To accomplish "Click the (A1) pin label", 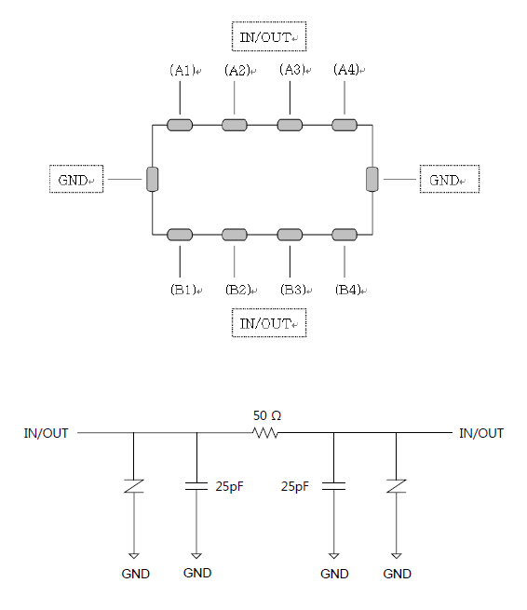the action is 182,70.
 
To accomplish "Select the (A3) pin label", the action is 291,70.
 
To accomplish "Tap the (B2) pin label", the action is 237,290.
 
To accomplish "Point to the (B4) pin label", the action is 348,290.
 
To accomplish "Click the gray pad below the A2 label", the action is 235,125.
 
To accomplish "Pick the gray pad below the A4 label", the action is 345,125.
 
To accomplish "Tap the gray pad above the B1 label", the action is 180,235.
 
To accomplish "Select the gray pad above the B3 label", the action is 290,235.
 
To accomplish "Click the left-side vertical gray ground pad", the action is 153,180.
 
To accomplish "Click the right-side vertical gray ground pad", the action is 372,180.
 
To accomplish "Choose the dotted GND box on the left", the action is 76,179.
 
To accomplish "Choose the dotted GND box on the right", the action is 450,179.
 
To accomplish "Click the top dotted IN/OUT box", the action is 269,36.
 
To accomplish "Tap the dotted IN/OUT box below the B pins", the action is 269,323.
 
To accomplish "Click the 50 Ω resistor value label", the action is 267,416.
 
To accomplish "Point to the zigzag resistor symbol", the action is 265,433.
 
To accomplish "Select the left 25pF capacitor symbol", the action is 196,486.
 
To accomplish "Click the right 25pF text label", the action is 295,486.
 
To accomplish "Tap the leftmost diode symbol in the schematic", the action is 134,486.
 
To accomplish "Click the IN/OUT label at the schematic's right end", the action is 481,433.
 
